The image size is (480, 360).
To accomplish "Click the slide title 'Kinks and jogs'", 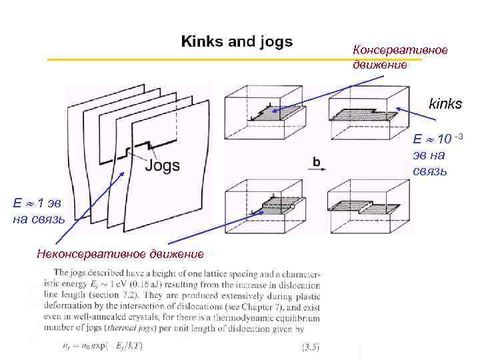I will (237, 42).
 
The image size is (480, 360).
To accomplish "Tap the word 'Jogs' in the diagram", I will (162, 165).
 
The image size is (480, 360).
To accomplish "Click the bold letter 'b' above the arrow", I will (317, 161).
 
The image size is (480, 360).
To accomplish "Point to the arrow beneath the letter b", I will (318, 170).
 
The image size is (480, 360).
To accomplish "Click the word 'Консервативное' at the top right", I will (400, 51).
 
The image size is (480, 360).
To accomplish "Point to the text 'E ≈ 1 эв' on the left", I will (37, 203).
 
